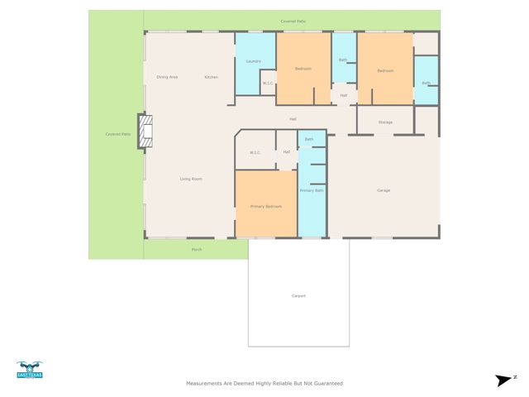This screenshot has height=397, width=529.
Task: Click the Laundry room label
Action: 254,61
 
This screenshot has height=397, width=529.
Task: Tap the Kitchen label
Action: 212,77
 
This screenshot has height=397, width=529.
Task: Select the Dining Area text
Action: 167,77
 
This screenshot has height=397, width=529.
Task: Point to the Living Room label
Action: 191,179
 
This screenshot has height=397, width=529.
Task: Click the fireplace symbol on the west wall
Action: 145,132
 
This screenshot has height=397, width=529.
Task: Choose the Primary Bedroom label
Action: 267,206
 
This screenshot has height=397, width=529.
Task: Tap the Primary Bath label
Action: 312,191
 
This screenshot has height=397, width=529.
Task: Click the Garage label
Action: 384,191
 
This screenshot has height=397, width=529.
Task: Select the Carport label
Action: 298,295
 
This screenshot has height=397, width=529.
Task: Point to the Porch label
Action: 197,249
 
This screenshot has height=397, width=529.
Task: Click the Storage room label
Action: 385,122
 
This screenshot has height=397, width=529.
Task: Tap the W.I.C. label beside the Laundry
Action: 268,83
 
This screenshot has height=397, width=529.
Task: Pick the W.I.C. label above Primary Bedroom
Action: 255,152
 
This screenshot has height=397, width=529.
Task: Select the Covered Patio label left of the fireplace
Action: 117,134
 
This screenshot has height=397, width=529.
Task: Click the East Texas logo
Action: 30,370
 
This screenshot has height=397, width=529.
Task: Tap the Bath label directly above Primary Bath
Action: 309,139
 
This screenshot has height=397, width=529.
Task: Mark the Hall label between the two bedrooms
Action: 343,96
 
